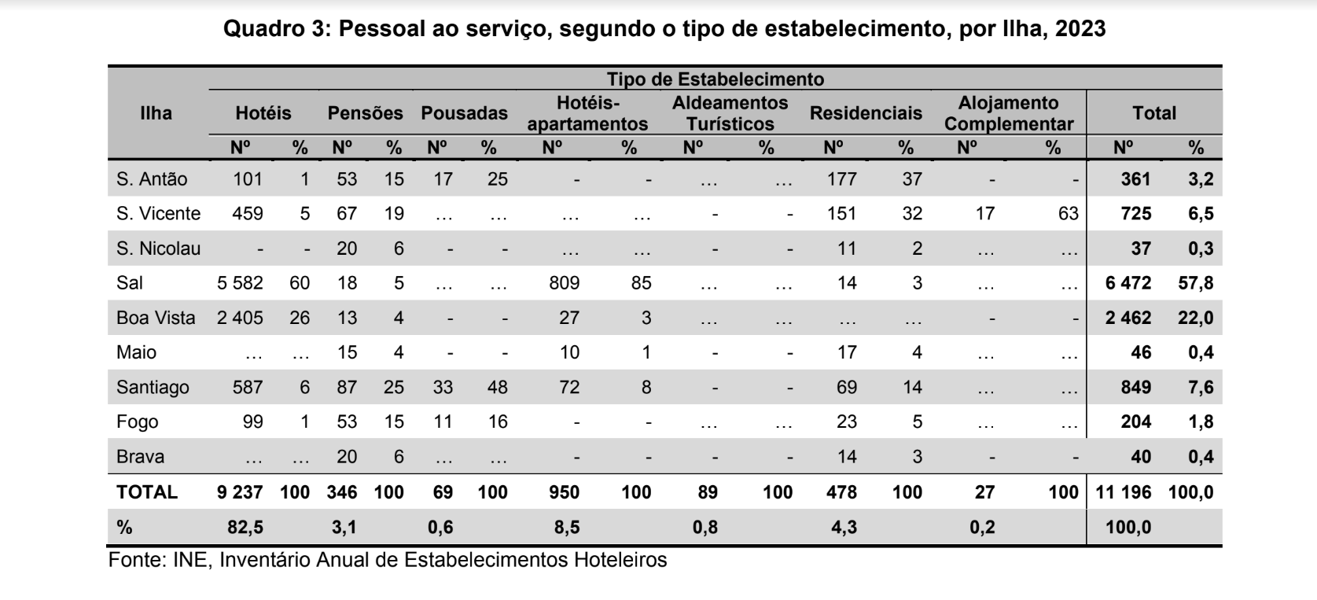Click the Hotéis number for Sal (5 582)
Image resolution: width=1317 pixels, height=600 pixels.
[x=240, y=283]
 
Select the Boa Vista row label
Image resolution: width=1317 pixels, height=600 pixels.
[x=156, y=318]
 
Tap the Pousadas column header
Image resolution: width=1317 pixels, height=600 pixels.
[x=464, y=113]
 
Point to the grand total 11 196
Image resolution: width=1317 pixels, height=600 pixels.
[x=1123, y=491]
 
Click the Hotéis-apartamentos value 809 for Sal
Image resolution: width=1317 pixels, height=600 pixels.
[x=564, y=283]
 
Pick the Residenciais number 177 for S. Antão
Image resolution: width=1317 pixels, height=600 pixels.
[x=841, y=179]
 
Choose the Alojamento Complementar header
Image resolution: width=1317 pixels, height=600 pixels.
[x=1009, y=113]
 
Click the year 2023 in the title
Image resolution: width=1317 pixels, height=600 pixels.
[x=1080, y=28]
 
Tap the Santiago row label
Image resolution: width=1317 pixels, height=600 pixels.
[x=153, y=387]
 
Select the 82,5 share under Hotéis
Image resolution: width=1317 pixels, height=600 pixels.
[x=245, y=527]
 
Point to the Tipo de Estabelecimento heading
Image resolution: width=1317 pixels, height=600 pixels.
[x=715, y=79]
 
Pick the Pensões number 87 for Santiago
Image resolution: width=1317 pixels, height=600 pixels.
[x=346, y=387]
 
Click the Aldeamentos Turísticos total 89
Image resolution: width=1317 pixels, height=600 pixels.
[x=708, y=491]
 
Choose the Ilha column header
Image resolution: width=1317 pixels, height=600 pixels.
[x=156, y=113]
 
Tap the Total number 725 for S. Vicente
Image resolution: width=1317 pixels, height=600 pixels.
[x=1135, y=213]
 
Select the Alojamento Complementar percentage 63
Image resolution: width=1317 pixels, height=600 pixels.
[x=1069, y=213]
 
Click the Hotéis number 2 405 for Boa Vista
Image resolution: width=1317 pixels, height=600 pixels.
[x=240, y=318]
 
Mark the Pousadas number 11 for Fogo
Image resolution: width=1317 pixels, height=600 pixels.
[x=443, y=421]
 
